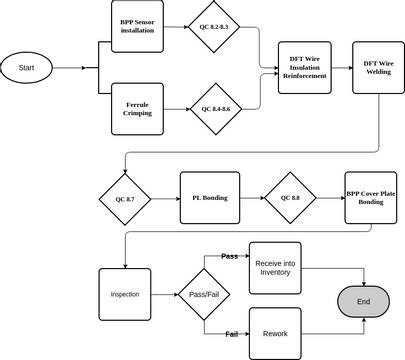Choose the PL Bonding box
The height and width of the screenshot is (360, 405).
pos(209,198)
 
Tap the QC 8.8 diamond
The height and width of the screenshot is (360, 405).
pos(290,198)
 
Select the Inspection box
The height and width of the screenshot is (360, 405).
pos(125,295)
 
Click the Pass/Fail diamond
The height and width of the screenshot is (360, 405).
pos(203,295)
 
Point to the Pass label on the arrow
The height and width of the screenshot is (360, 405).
pos(229,257)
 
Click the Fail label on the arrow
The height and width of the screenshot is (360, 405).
pos(231,333)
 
